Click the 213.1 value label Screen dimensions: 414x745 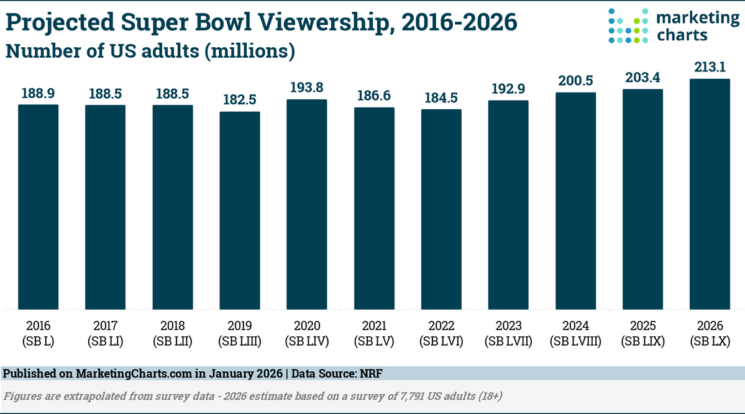pyautogui.click(x=710, y=67)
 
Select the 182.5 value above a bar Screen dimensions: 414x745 pyautogui.click(x=240, y=100)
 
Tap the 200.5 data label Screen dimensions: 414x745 pyautogui.click(x=575, y=81)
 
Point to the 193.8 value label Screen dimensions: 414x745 pyautogui.click(x=307, y=88)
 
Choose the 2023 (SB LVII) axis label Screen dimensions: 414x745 pyautogui.click(x=508, y=333)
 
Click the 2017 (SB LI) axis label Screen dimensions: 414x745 pyautogui.click(x=105, y=333)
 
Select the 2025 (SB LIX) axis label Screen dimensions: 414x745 pyautogui.click(x=642, y=333)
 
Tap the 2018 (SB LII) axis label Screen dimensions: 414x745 pyautogui.click(x=172, y=333)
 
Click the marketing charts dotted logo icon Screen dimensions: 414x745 pyautogui.click(x=628, y=26)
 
